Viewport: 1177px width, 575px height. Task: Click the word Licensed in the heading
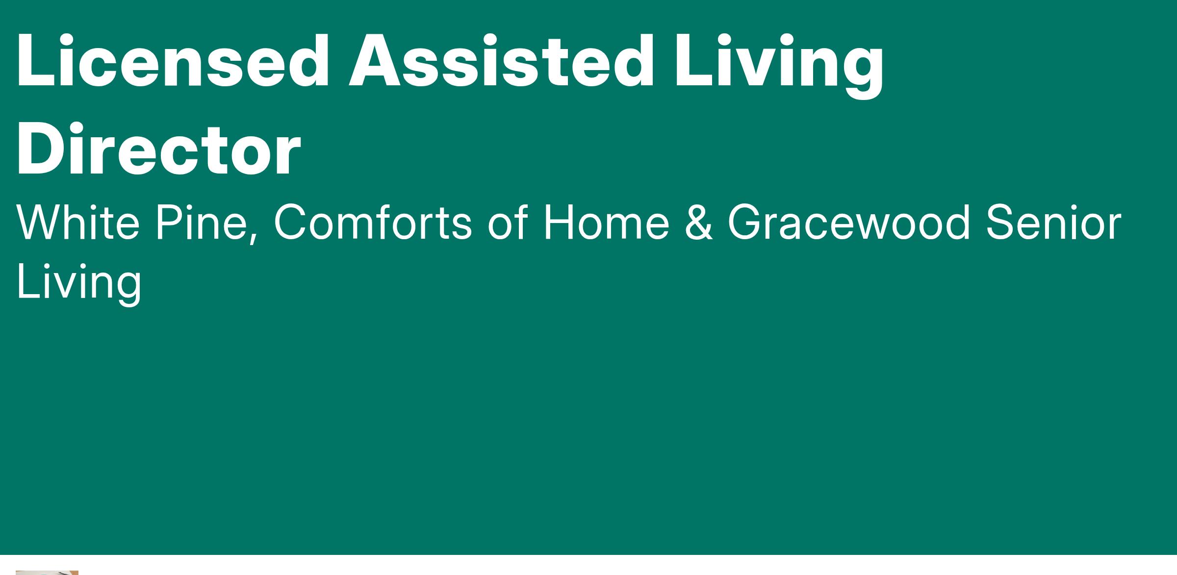[x=173, y=62]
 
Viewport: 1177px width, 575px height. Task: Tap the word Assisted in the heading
[x=501, y=62]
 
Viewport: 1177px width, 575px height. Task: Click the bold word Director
[x=158, y=149]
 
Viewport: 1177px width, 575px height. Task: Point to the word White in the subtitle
[x=78, y=222]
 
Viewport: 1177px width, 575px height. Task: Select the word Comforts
[x=372, y=222]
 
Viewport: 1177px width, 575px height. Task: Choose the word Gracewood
[x=848, y=222]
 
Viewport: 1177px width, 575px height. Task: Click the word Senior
[x=1053, y=222]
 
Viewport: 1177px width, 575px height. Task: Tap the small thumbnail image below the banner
[x=47, y=573]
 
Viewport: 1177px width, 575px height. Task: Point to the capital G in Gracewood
[x=745, y=222]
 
